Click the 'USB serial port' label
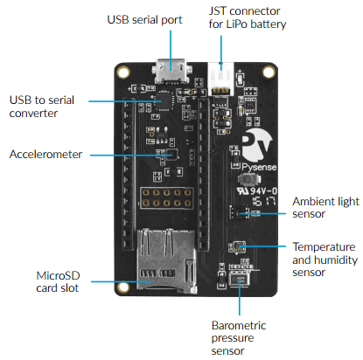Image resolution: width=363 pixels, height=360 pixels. point(143,19)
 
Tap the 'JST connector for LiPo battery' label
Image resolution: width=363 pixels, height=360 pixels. point(248,17)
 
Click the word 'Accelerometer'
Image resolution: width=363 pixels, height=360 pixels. point(45,155)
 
